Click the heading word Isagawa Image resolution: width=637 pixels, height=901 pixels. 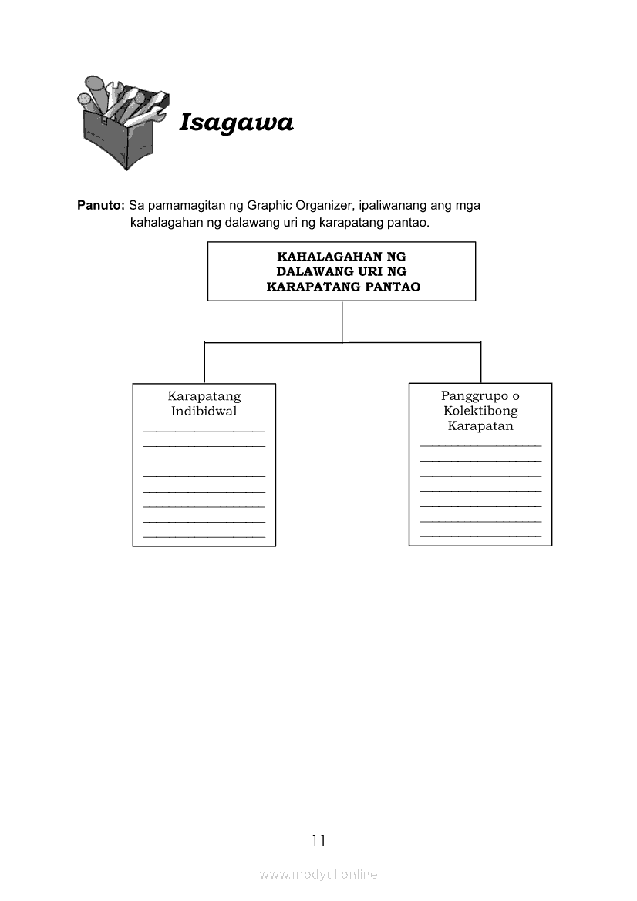coord(236,123)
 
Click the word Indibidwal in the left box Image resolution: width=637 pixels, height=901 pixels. coord(204,412)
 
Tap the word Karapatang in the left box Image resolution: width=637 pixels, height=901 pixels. coord(204,396)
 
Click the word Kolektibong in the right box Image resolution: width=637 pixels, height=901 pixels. coord(480,411)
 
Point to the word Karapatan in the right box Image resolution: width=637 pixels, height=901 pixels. coord(480,426)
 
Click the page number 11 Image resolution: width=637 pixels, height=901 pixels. coord(318,840)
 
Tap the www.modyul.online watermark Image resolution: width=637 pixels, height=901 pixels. coord(318,875)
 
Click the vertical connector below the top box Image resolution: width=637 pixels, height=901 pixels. coord(342,321)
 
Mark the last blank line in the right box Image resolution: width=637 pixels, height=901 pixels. coord(480,536)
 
